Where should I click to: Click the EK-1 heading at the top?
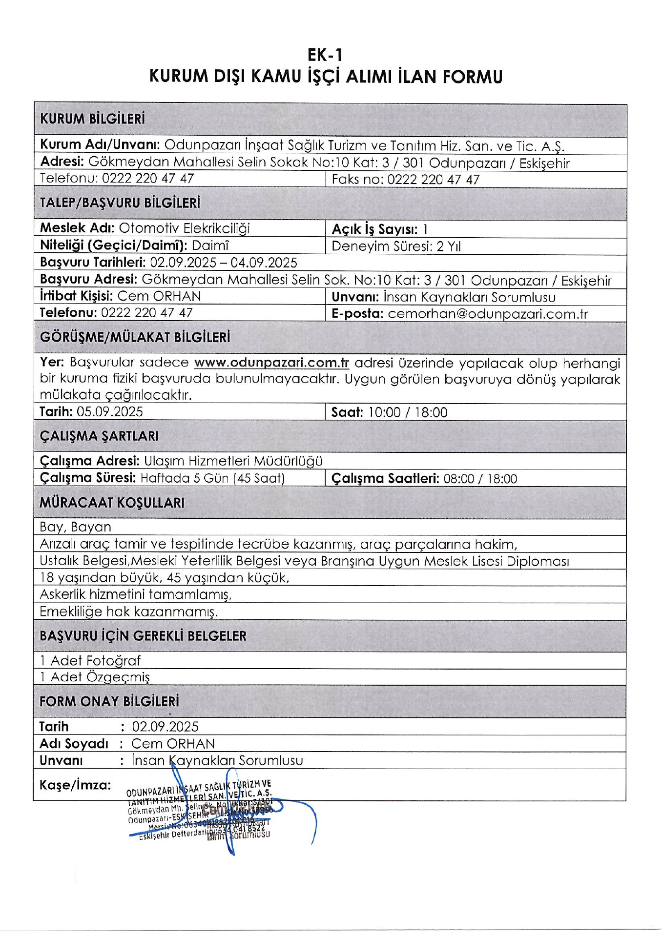click(325, 55)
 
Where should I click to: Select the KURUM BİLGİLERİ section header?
click(92, 119)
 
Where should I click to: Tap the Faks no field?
click(405, 180)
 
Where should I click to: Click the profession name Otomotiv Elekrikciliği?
click(184, 228)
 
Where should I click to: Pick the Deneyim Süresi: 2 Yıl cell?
click(396, 246)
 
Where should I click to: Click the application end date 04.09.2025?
click(264, 263)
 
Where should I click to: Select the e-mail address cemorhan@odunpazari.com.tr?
click(488, 314)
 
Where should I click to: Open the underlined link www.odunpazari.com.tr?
click(271, 363)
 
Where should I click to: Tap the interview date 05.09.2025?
click(110, 412)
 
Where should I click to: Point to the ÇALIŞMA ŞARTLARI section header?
click(99, 436)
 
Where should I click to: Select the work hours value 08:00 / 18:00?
click(480, 479)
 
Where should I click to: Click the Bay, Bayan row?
click(76, 527)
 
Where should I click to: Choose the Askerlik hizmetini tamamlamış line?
click(136, 594)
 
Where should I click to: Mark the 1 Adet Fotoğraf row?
click(90, 661)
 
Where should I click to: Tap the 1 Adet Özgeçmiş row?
click(95, 677)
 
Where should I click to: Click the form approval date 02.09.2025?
click(165, 727)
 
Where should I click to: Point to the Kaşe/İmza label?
click(75, 785)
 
